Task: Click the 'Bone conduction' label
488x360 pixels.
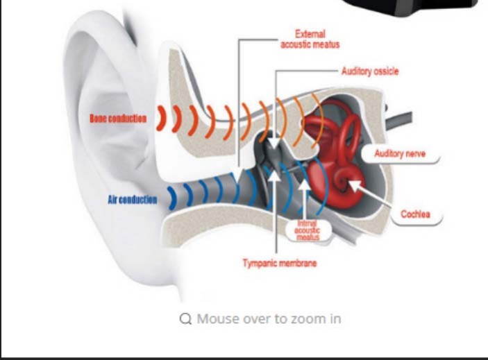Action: coord(117,119)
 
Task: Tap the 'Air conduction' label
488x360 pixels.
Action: coord(132,200)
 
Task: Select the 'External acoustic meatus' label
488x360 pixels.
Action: coord(310,39)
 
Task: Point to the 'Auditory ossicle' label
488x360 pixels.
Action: coord(370,71)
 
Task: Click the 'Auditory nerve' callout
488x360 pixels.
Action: coord(400,153)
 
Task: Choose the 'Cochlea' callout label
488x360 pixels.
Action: coord(415,214)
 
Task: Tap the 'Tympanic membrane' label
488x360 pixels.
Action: coord(280,264)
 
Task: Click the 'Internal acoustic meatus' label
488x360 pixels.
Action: coord(303,230)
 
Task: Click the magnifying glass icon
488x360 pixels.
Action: coord(185,318)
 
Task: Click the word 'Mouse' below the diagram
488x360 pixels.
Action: coord(217,318)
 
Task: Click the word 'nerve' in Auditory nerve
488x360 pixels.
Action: coord(414,153)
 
